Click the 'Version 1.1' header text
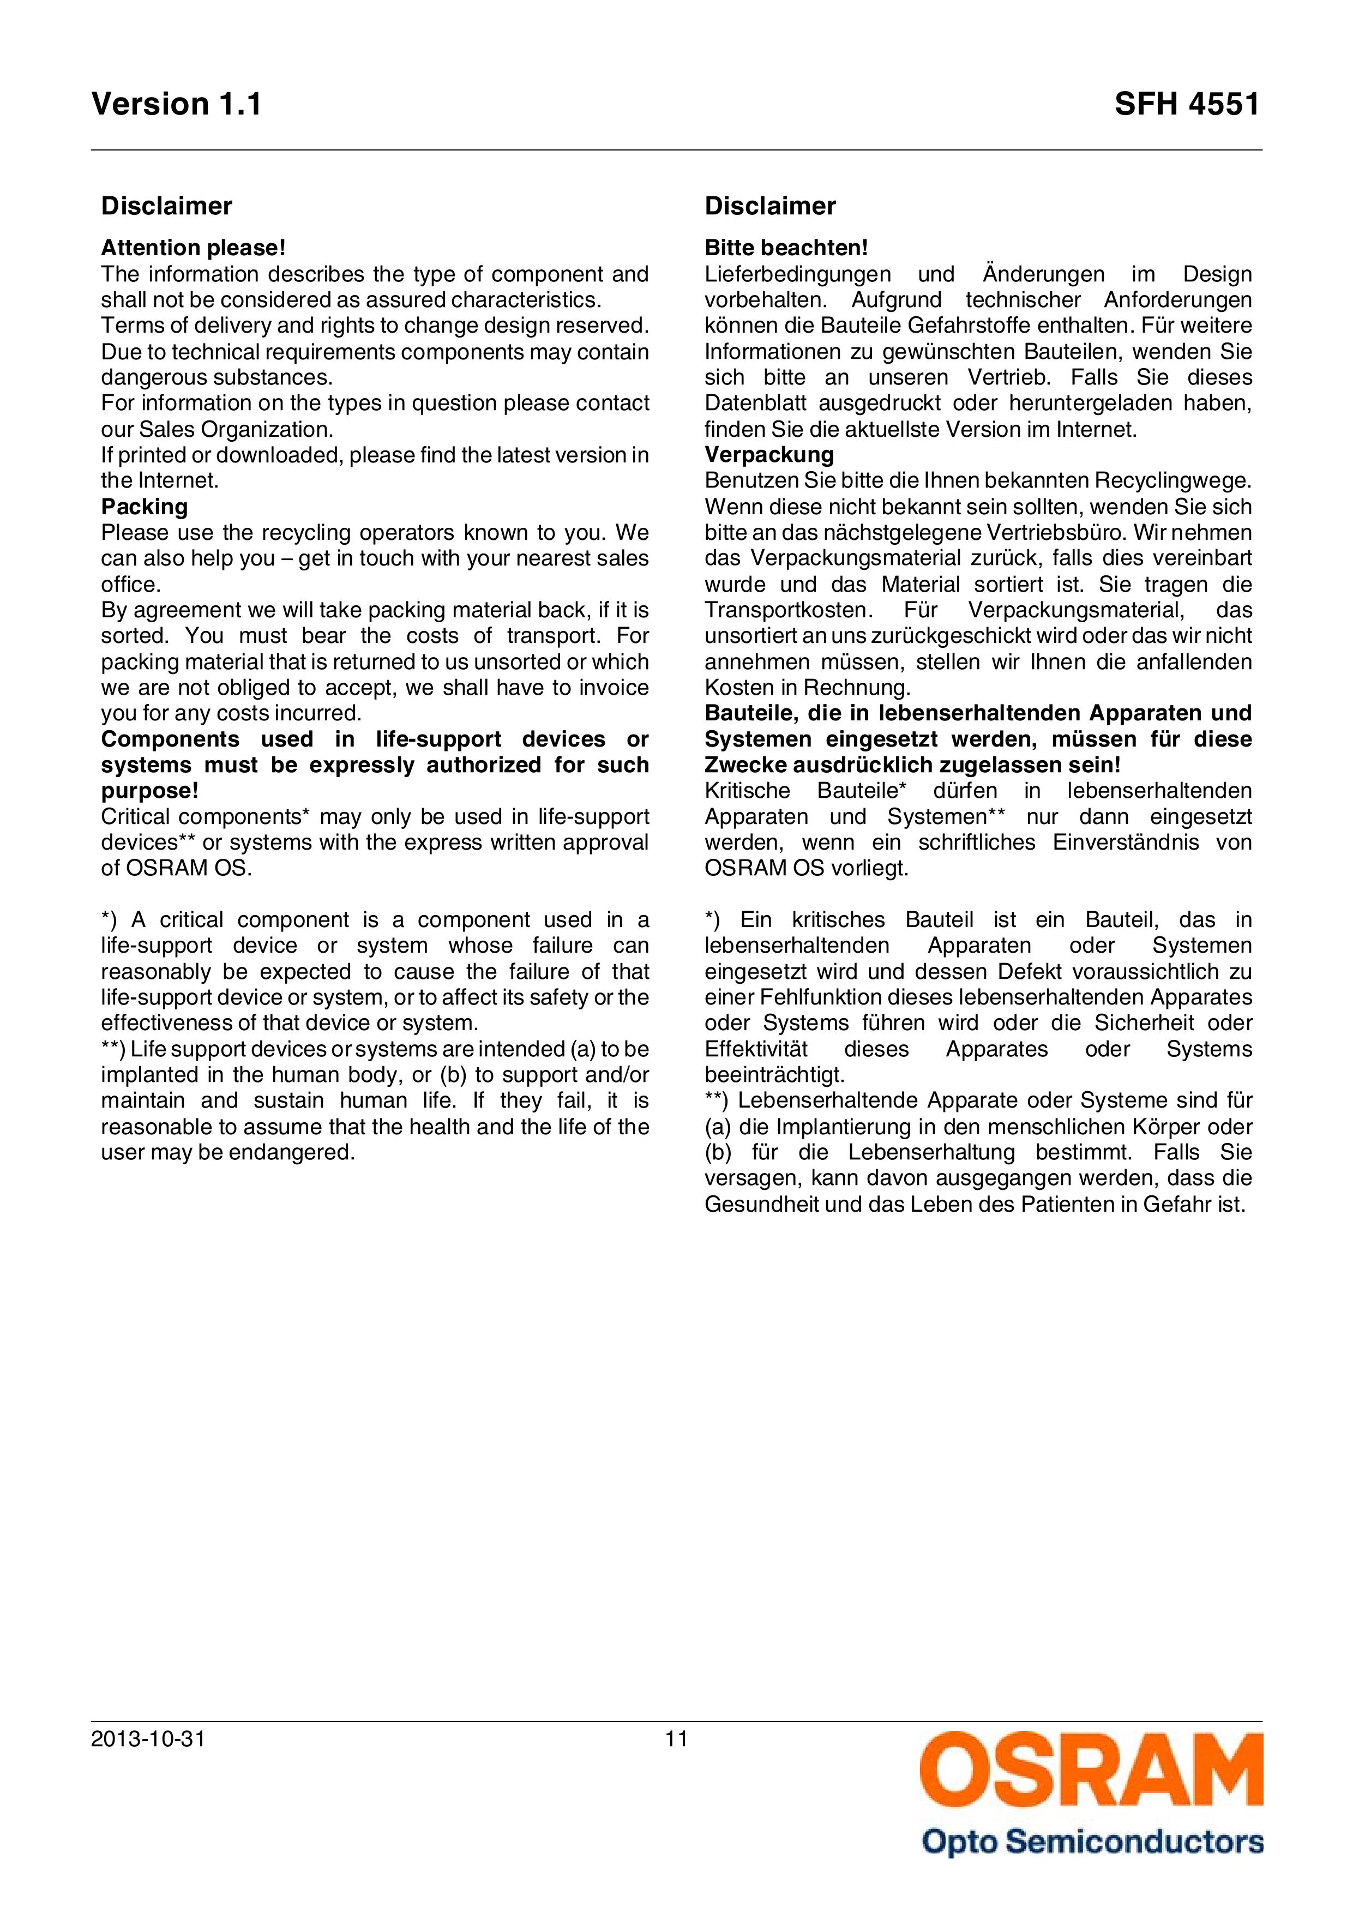pyautogui.click(x=176, y=104)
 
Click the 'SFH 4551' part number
pyautogui.click(x=1186, y=104)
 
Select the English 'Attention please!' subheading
pyautogui.click(x=194, y=248)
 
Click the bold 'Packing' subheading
pyautogui.click(x=144, y=507)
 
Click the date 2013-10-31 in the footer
pyautogui.click(x=148, y=1740)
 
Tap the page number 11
pyautogui.click(x=676, y=1740)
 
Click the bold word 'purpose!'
pyautogui.click(x=150, y=791)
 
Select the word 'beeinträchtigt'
pyautogui.click(x=774, y=1075)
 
